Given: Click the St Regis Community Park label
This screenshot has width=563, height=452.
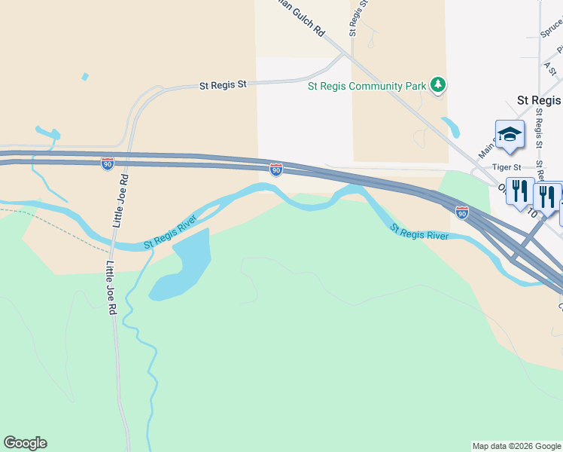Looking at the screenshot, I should tap(367, 86).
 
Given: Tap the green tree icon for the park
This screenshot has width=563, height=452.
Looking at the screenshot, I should tap(438, 86).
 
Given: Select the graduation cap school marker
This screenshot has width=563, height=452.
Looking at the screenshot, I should tap(509, 134).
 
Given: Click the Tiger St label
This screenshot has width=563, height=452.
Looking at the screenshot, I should tap(507, 166).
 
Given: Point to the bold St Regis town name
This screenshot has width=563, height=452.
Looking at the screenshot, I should tap(539, 100).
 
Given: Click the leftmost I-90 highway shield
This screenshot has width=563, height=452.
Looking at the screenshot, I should tap(108, 162).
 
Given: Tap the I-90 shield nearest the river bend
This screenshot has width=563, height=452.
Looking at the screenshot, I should tap(276, 170).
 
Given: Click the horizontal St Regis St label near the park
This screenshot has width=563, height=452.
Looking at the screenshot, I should tap(223, 86).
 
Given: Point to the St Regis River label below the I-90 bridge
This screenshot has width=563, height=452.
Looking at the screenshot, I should tap(419, 232).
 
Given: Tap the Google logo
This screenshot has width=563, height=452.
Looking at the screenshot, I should tap(25, 443).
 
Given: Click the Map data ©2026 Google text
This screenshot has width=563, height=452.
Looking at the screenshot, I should tap(516, 446).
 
